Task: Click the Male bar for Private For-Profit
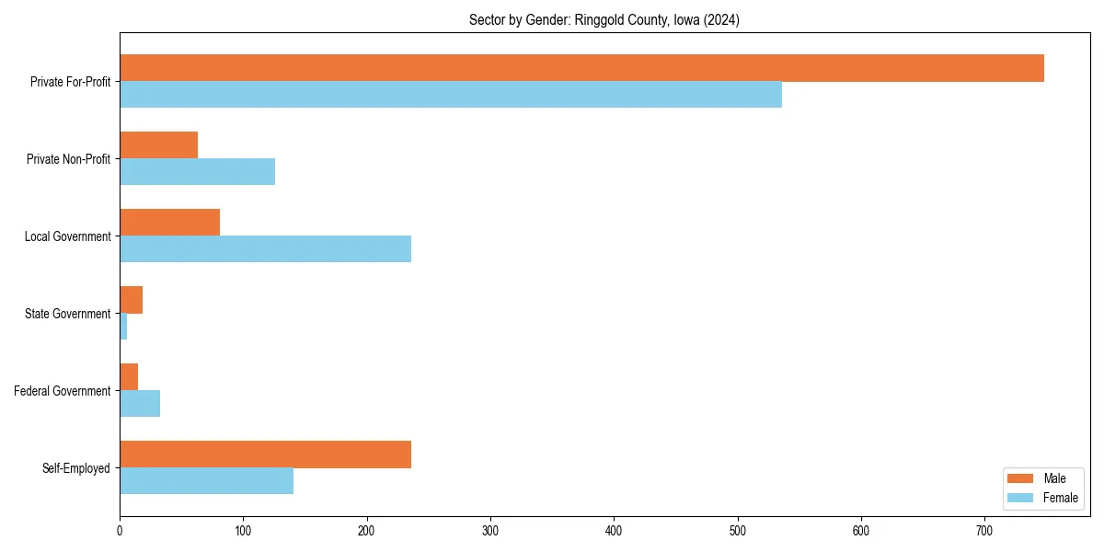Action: (x=581, y=68)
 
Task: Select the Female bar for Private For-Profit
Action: (x=451, y=95)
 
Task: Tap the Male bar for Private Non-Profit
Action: (x=158, y=145)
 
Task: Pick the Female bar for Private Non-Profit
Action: (x=197, y=172)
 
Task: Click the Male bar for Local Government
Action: (x=169, y=223)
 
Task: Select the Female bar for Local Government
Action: (x=265, y=249)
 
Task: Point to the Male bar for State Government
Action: (x=131, y=300)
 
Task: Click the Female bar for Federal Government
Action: (x=140, y=404)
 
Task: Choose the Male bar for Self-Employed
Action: (x=265, y=454)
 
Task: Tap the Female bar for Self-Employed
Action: (x=206, y=481)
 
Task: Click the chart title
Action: (x=604, y=19)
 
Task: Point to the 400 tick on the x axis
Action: (x=614, y=530)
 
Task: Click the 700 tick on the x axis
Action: (x=984, y=530)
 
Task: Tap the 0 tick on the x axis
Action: (x=120, y=530)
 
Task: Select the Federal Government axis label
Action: (x=62, y=391)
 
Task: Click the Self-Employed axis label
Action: (x=75, y=468)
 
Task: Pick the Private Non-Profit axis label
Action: (x=68, y=159)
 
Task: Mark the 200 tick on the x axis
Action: (x=367, y=530)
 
